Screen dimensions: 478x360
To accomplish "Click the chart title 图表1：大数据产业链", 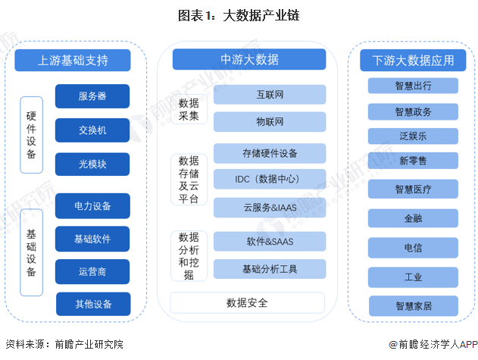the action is [239, 15].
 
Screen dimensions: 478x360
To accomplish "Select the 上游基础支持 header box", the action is [73, 60].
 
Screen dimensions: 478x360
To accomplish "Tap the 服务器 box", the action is [92, 96].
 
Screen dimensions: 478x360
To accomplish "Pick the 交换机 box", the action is [92, 130].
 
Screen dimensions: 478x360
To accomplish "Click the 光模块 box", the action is [92, 164].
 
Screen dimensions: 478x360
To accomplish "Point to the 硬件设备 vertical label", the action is [31, 135].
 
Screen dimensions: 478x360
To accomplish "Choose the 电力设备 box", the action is [92, 206].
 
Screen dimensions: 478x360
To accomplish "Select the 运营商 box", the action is [92, 271].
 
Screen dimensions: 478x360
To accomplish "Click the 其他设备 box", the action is [93, 304].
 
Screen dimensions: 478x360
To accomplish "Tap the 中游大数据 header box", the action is [249, 59].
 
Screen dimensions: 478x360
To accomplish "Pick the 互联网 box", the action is [270, 95].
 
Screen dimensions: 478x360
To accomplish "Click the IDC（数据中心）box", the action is [270, 179].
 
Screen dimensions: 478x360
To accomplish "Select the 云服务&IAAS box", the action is [270, 208].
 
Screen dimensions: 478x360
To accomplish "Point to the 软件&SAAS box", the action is [270, 242].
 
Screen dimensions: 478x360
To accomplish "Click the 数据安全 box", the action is [247, 303].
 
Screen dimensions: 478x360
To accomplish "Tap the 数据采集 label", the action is [189, 109].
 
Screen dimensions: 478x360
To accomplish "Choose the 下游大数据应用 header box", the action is [413, 60].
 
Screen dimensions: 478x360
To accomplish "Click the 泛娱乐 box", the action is [413, 136].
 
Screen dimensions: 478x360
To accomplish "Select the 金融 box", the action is [413, 218].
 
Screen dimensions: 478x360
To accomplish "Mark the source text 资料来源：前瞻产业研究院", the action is [64, 344].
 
